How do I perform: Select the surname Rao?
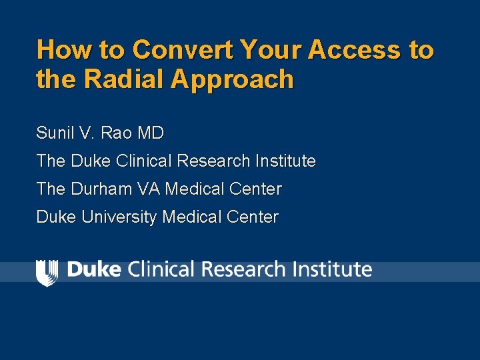tap(119, 133)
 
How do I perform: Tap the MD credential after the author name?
tap(151, 133)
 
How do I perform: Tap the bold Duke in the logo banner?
tap(94, 269)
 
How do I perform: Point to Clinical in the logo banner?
tap(160, 269)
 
